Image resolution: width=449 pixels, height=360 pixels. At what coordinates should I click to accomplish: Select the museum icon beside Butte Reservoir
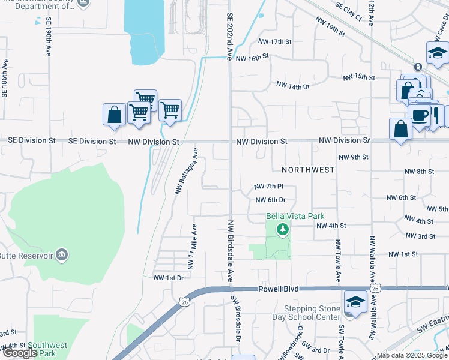point(61,256)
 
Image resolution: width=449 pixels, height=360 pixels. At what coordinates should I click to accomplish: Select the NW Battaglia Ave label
point(186,170)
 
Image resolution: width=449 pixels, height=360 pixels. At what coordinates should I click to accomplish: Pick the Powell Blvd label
point(278,289)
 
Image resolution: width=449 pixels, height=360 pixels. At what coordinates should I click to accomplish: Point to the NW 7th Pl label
point(268,187)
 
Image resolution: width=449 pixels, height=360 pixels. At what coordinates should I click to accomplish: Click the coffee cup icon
point(420,115)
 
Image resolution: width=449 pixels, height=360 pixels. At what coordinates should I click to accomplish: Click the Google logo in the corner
point(20,352)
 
